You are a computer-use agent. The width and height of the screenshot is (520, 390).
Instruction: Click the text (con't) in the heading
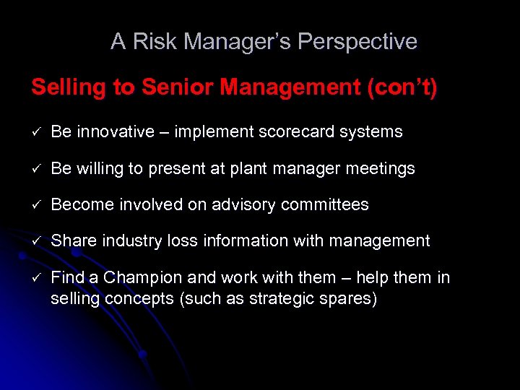coord(402,88)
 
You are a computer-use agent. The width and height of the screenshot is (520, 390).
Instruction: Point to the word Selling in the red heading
coord(69,88)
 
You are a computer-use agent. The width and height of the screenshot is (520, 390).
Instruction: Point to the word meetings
coord(381,169)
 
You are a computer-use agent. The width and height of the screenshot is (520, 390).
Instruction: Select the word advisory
coord(243,205)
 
